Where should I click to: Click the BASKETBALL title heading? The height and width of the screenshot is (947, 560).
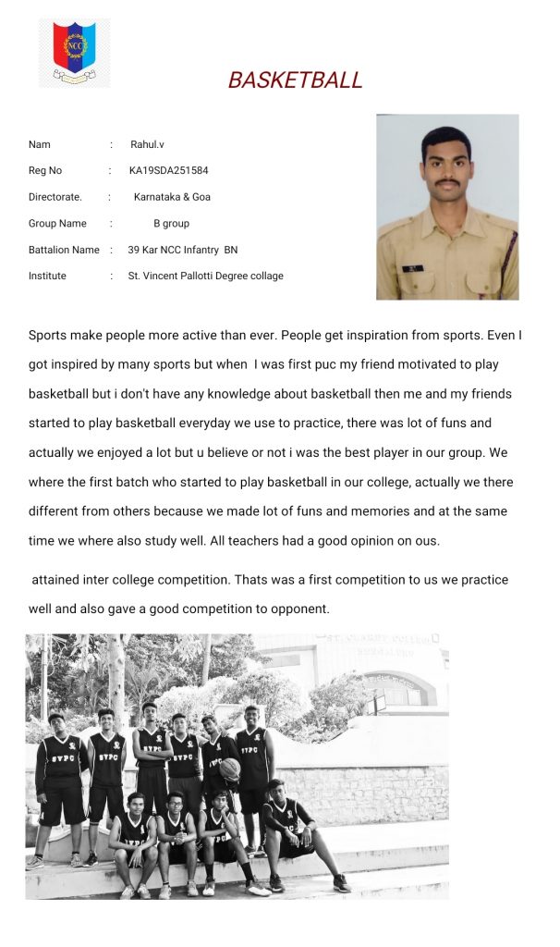tap(295, 80)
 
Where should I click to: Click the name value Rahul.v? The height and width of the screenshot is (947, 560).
tap(147, 144)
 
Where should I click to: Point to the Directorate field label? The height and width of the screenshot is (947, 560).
tap(55, 197)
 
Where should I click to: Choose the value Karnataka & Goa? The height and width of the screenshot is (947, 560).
tap(172, 197)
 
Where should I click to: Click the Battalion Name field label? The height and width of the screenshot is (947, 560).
tap(64, 250)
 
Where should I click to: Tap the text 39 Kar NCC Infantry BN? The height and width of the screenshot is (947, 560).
tap(182, 250)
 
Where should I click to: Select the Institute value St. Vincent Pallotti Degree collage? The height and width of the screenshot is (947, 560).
tap(205, 276)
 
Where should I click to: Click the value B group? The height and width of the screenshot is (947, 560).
tap(171, 223)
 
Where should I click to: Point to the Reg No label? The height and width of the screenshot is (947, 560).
tap(45, 171)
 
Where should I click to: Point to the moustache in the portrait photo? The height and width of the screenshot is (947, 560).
tap(447, 184)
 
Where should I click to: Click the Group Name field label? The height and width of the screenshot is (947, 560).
tap(57, 223)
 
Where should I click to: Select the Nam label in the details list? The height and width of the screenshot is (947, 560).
tap(40, 144)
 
